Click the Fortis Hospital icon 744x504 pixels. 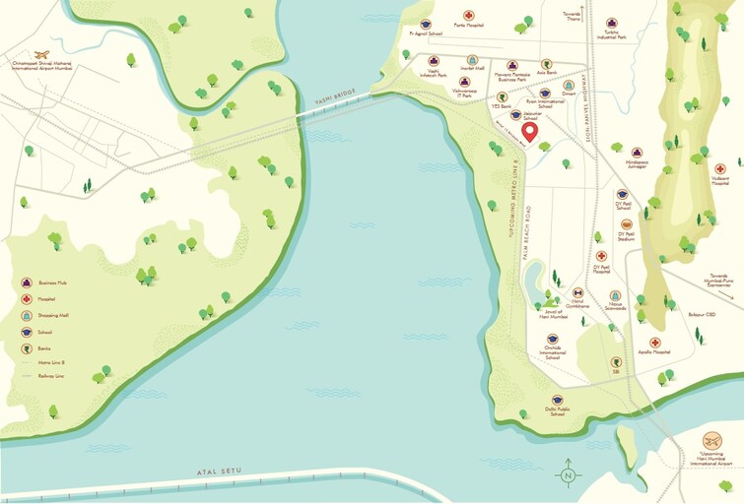point(470,16)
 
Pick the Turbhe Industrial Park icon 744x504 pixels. point(612,23)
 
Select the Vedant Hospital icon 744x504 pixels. point(720,169)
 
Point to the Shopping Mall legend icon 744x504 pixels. point(27,315)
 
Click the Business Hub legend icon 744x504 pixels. point(27,281)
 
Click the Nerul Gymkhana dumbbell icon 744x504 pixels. point(577,293)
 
